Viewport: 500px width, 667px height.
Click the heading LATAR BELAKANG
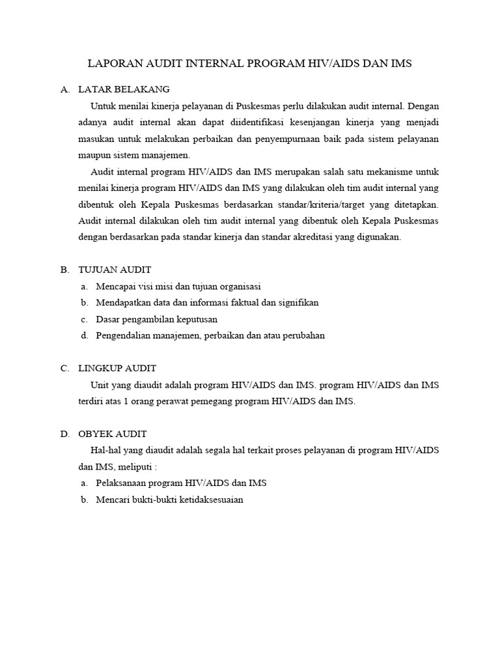coord(124,89)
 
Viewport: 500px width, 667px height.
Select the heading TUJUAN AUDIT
coord(114,269)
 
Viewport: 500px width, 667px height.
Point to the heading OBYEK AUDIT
coord(112,434)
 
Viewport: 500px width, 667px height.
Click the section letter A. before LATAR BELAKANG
coord(64,89)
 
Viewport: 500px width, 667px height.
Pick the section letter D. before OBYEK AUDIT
coord(64,434)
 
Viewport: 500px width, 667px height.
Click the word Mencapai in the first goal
coord(114,286)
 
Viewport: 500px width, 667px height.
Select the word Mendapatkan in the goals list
coord(121,302)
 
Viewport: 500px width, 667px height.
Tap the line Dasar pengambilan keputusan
coord(156,319)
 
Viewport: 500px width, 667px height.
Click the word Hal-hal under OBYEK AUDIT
coord(105,451)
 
